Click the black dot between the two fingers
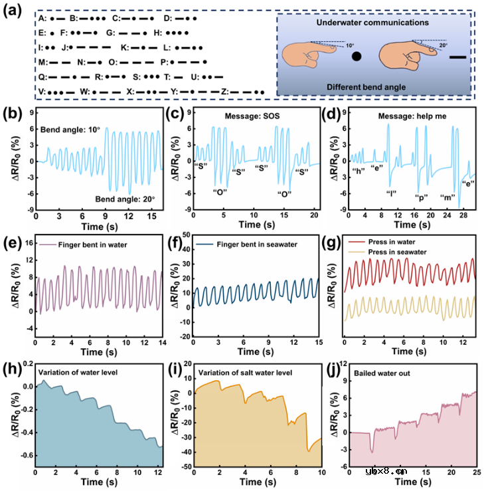pos(357,57)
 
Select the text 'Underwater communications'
pos(373,22)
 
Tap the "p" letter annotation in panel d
pos(421,198)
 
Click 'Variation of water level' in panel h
pos(87,370)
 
